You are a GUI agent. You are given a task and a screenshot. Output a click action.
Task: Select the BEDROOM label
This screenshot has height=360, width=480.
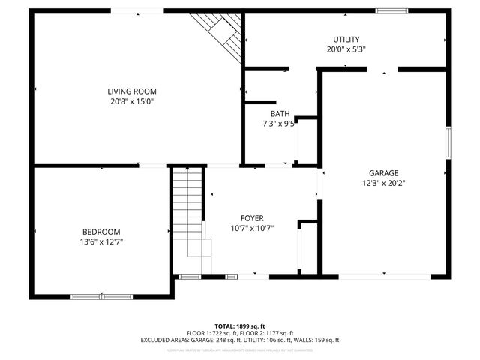[x=101, y=232]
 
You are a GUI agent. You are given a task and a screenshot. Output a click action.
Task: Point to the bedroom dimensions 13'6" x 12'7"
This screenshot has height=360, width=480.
[x=101, y=242]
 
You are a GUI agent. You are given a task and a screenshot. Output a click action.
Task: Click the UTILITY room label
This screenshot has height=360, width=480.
[x=346, y=39]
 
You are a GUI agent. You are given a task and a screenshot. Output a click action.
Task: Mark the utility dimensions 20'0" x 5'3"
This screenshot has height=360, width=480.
[x=346, y=49]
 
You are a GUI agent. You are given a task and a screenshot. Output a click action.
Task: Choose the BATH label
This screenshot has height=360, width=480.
[x=271, y=113]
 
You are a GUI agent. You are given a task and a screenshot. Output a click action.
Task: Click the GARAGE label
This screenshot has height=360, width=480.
[x=383, y=172]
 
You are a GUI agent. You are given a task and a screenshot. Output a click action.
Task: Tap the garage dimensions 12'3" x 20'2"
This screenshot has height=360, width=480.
[x=383, y=183]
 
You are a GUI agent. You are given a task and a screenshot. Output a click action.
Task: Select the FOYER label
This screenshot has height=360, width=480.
[x=251, y=217]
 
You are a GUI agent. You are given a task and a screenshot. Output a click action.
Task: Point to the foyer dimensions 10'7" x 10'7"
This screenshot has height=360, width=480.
[x=251, y=228]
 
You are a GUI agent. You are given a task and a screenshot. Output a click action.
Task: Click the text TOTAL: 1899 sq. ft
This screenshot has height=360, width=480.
[x=239, y=325]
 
